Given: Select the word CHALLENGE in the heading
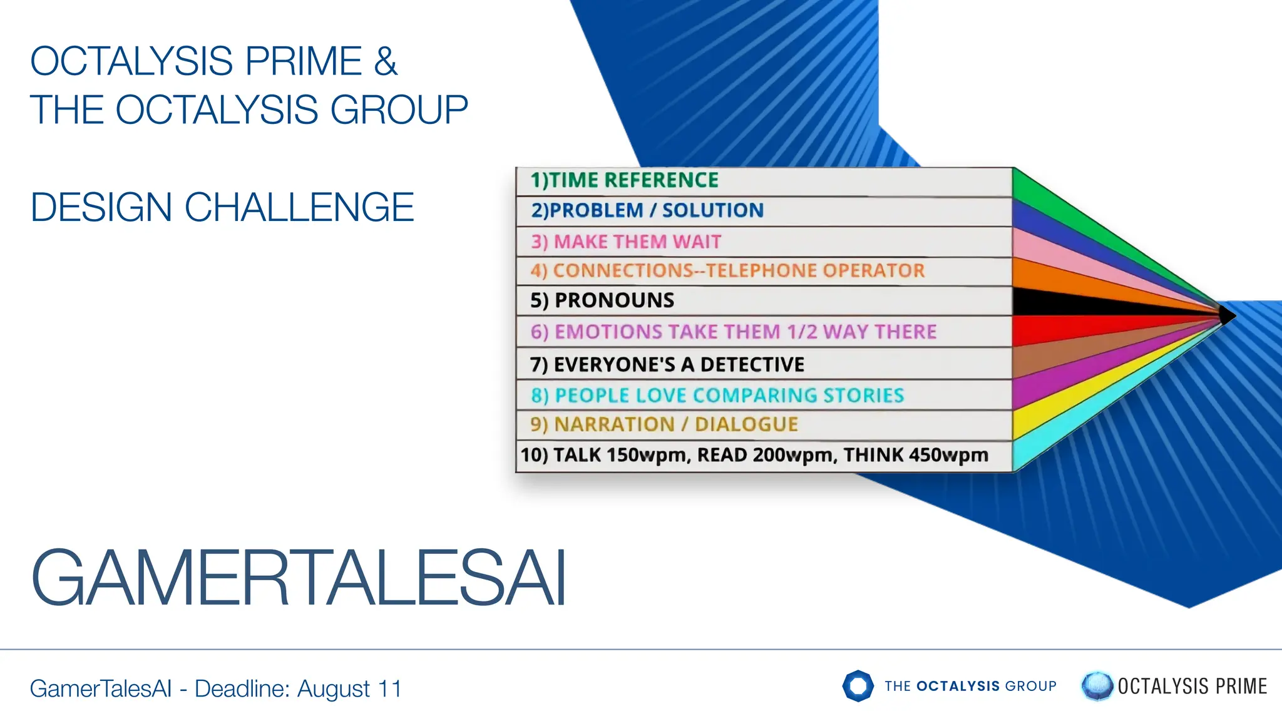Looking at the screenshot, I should pos(299,207).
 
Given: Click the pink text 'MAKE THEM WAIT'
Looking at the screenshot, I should pos(637,242).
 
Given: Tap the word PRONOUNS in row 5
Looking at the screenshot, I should pos(614,300).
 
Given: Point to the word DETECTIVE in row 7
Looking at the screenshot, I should pos(752,364).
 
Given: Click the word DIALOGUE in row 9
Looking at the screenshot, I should pos(746,424).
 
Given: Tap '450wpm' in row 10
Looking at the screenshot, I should pos(948,455).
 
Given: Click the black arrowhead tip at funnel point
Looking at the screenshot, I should pos(1228,315).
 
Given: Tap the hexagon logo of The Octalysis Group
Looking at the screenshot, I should pos(858,686).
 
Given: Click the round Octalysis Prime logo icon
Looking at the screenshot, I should pos(1097,686).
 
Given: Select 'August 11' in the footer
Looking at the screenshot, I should pos(349,688).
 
